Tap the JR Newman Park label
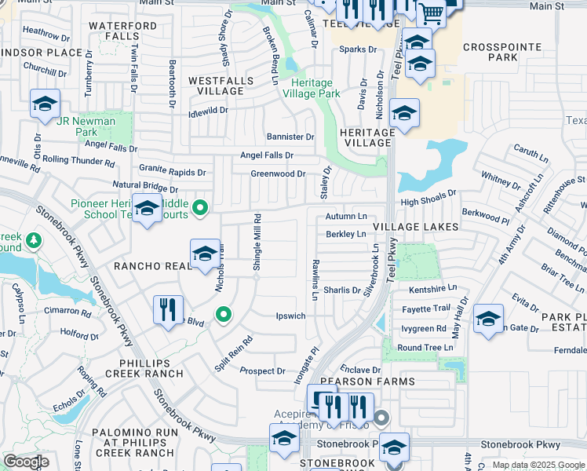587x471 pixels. click(86, 127)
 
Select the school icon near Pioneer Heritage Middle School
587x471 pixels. click(147, 208)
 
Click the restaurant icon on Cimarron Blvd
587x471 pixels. click(168, 309)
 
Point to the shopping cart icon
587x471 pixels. click(431, 12)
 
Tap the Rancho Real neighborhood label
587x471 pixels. click(153, 266)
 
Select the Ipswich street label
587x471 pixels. click(290, 316)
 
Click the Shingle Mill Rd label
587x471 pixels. click(256, 242)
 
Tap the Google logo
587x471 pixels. click(27, 462)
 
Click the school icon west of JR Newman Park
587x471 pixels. click(45, 104)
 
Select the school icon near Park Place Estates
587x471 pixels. click(488, 319)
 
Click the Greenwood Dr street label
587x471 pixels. click(278, 173)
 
